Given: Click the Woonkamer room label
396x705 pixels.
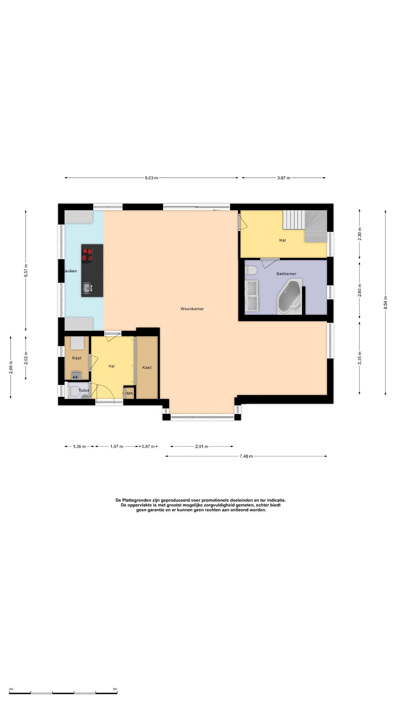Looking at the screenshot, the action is [x=192, y=309].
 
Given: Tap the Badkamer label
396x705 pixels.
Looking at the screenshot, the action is [x=286, y=274].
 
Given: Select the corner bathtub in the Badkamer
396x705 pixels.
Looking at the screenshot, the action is [x=290, y=296].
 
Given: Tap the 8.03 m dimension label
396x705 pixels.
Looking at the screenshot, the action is [x=151, y=178].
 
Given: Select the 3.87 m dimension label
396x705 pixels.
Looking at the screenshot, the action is [x=283, y=178].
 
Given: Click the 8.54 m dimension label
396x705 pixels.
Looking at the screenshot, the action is [x=385, y=303].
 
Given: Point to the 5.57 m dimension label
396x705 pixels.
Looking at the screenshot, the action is [x=26, y=271].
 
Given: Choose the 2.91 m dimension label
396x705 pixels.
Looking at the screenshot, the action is [x=202, y=446].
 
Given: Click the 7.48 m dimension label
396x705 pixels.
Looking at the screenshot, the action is [x=246, y=456].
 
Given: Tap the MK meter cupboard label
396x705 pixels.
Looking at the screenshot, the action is [x=130, y=393].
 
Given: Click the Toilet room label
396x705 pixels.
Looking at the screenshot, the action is [x=84, y=390].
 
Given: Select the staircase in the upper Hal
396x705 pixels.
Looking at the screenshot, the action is [x=305, y=226].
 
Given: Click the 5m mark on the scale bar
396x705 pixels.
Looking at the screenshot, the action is [x=115, y=689].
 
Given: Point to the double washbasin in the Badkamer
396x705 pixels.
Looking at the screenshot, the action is [x=252, y=296].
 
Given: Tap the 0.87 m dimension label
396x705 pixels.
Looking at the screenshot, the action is [x=148, y=446].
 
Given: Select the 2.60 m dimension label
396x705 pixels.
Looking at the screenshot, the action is [x=360, y=290].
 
